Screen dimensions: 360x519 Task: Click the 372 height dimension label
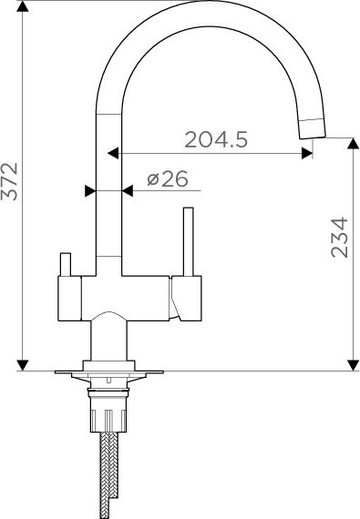9,181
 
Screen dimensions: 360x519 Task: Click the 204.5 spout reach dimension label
216,139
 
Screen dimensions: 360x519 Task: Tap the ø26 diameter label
168,179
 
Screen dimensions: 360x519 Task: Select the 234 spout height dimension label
340,238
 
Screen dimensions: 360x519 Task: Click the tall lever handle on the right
188,241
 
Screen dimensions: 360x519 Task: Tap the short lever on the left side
66,264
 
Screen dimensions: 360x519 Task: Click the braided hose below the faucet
109,475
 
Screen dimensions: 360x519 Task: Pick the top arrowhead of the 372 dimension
22,6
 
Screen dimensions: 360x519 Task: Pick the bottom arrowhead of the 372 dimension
22,365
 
